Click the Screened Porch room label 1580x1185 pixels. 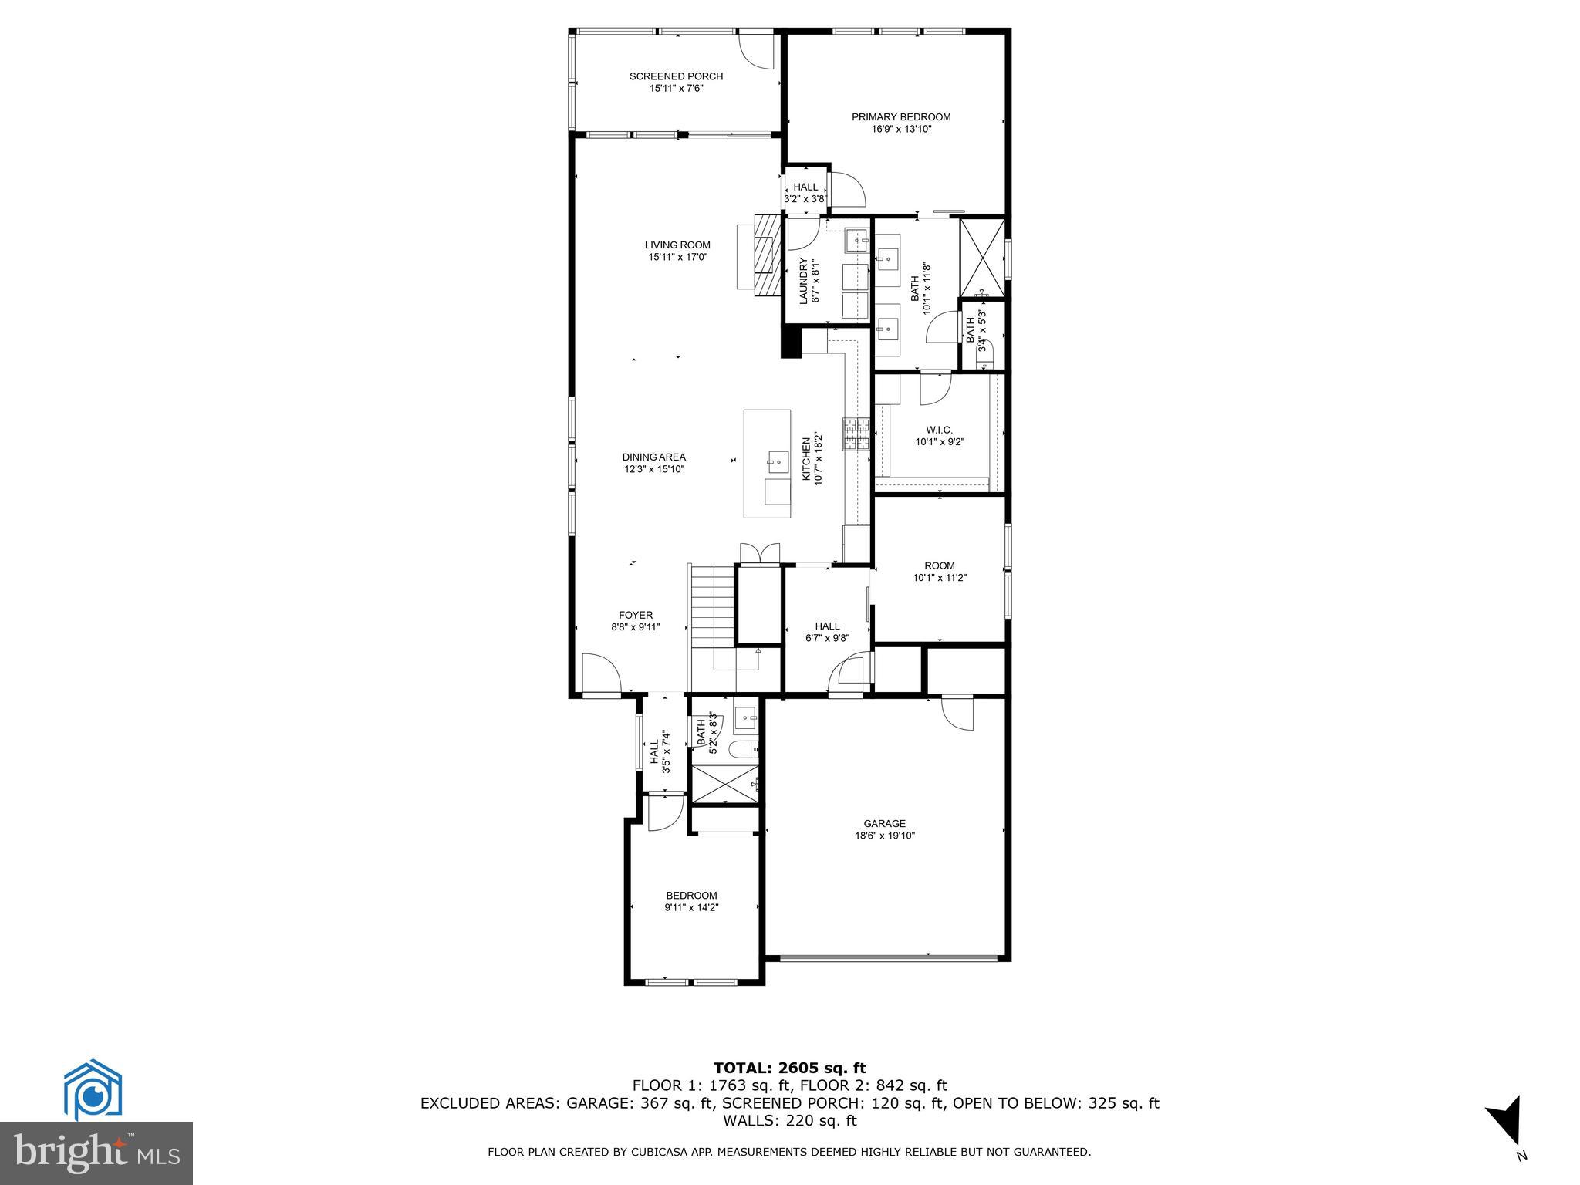point(676,76)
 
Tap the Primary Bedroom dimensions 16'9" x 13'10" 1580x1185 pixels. point(901,130)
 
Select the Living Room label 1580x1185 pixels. point(677,245)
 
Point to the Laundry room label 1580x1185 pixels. point(803,280)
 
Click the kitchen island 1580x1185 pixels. point(767,464)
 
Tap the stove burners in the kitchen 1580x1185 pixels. point(856,434)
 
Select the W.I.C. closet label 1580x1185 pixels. point(939,430)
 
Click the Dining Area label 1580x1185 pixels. point(653,457)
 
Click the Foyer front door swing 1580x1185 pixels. point(601,674)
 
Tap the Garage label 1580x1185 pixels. point(884,823)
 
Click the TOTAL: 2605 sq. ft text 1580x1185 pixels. point(789,1069)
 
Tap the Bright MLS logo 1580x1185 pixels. point(96,1153)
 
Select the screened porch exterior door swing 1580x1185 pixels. point(215,51)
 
